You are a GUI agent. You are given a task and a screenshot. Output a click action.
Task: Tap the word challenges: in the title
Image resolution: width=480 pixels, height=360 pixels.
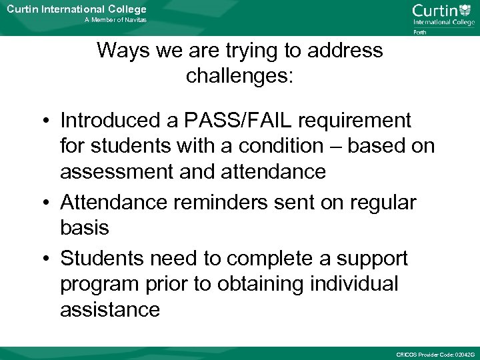[239, 75]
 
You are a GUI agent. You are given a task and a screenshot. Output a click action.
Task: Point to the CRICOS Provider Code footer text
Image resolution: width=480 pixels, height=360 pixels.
[434, 353]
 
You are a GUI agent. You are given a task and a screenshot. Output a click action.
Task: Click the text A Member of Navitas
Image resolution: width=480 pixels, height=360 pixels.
[115, 20]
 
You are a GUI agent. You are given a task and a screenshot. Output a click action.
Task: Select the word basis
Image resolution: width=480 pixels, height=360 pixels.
[84, 228]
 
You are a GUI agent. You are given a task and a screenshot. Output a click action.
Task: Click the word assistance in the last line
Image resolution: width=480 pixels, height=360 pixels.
[110, 309]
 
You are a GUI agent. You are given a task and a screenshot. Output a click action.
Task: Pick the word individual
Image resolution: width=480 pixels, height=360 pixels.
[354, 283]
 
